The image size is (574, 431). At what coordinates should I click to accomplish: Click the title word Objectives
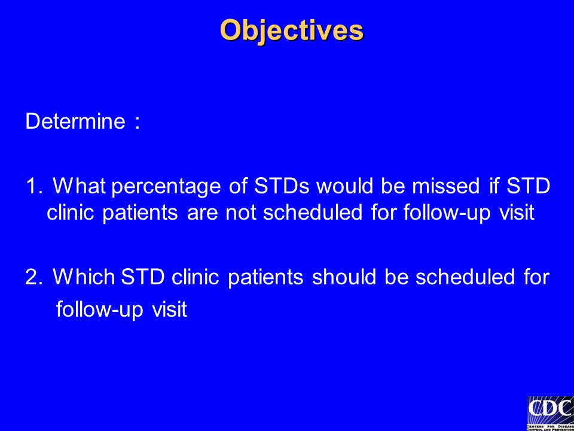[291, 31]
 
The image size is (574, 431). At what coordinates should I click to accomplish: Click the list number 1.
[35, 186]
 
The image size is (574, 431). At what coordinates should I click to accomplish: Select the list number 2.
[34, 277]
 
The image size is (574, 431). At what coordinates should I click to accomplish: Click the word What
[80, 186]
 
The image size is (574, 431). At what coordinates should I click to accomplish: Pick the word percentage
[166, 187]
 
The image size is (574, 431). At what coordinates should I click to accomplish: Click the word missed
[445, 186]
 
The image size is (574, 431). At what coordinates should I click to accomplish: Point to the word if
[494, 186]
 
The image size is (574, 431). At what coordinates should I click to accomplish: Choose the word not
[241, 213]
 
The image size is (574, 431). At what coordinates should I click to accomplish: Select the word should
[344, 277]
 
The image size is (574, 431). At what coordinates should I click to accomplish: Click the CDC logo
[550, 414]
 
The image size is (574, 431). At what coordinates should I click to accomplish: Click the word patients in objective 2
[265, 278]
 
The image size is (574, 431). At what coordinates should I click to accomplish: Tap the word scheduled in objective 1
[312, 213]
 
